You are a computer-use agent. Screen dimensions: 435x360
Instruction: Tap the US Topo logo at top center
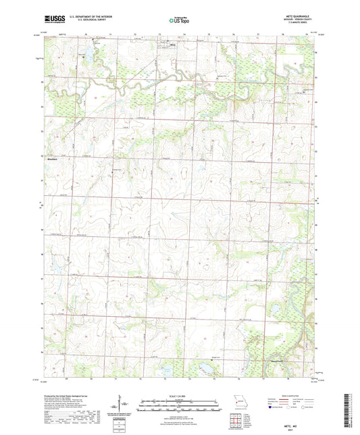[180, 20]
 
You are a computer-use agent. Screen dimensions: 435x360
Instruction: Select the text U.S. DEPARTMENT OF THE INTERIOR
[91, 17]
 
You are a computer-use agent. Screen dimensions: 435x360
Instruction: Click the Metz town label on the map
[172, 46]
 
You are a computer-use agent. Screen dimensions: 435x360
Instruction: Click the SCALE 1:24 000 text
[180, 396]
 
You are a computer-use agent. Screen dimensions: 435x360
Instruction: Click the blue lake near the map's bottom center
[201, 368]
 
